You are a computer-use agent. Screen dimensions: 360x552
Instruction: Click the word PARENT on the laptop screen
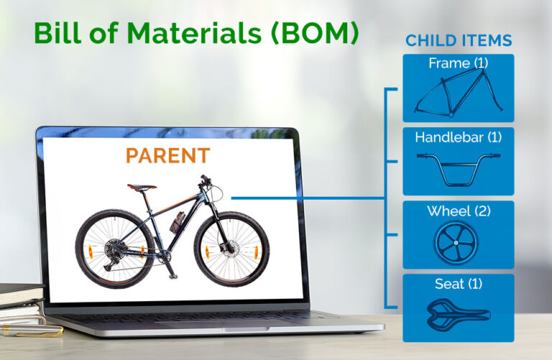click(x=167, y=155)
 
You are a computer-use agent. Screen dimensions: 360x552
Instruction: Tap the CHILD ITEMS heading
click(x=459, y=40)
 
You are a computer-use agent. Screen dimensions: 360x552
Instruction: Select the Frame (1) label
click(x=458, y=63)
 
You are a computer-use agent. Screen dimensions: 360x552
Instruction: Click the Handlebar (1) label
click(x=458, y=137)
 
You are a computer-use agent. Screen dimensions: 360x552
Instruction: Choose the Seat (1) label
click(x=458, y=284)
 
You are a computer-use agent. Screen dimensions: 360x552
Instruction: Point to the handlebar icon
click(x=458, y=163)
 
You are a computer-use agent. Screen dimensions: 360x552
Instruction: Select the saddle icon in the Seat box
click(x=458, y=314)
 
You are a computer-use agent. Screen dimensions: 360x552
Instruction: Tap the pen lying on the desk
click(x=29, y=331)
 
